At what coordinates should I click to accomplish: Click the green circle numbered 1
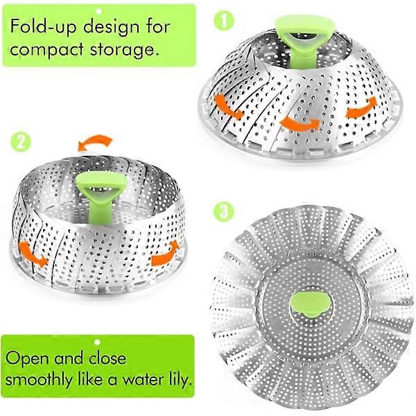tap(224, 21)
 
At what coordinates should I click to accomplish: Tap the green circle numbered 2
tap(21, 142)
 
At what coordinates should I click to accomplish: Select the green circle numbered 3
tap(224, 211)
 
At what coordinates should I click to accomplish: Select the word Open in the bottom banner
tap(28, 358)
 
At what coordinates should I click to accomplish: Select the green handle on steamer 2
tap(101, 195)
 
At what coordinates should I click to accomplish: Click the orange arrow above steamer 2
tap(96, 143)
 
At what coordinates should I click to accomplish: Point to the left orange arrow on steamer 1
tap(227, 107)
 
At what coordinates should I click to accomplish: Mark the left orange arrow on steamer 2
tap(32, 254)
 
